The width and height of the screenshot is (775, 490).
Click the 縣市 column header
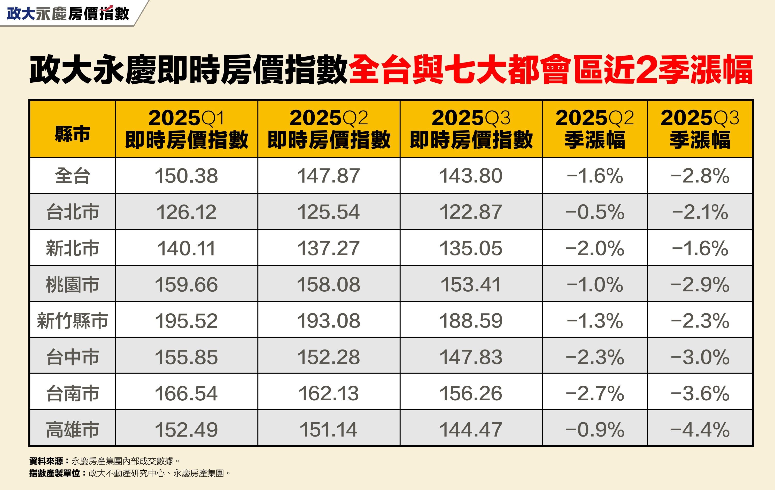point(72,134)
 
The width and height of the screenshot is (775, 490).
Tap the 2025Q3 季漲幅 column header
point(699,129)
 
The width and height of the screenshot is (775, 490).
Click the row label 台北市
point(72,212)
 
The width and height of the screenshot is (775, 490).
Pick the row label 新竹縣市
point(72,321)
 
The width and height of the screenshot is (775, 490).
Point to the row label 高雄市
point(72,429)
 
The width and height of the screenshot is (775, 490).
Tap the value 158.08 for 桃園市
point(329,284)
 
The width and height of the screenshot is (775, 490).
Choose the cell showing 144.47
point(470,429)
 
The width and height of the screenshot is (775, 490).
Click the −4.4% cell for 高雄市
point(700,429)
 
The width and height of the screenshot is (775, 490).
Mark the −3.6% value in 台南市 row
point(700,393)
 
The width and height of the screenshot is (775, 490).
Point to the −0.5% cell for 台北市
point(594,212)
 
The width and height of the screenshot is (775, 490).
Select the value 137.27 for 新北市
point(329,248)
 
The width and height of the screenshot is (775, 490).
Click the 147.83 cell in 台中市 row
point(470,357)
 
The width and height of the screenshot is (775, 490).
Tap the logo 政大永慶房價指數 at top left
point(68,13)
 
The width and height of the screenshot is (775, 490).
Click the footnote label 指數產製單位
point(55,473)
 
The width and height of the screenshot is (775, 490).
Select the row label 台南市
point(72,393)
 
